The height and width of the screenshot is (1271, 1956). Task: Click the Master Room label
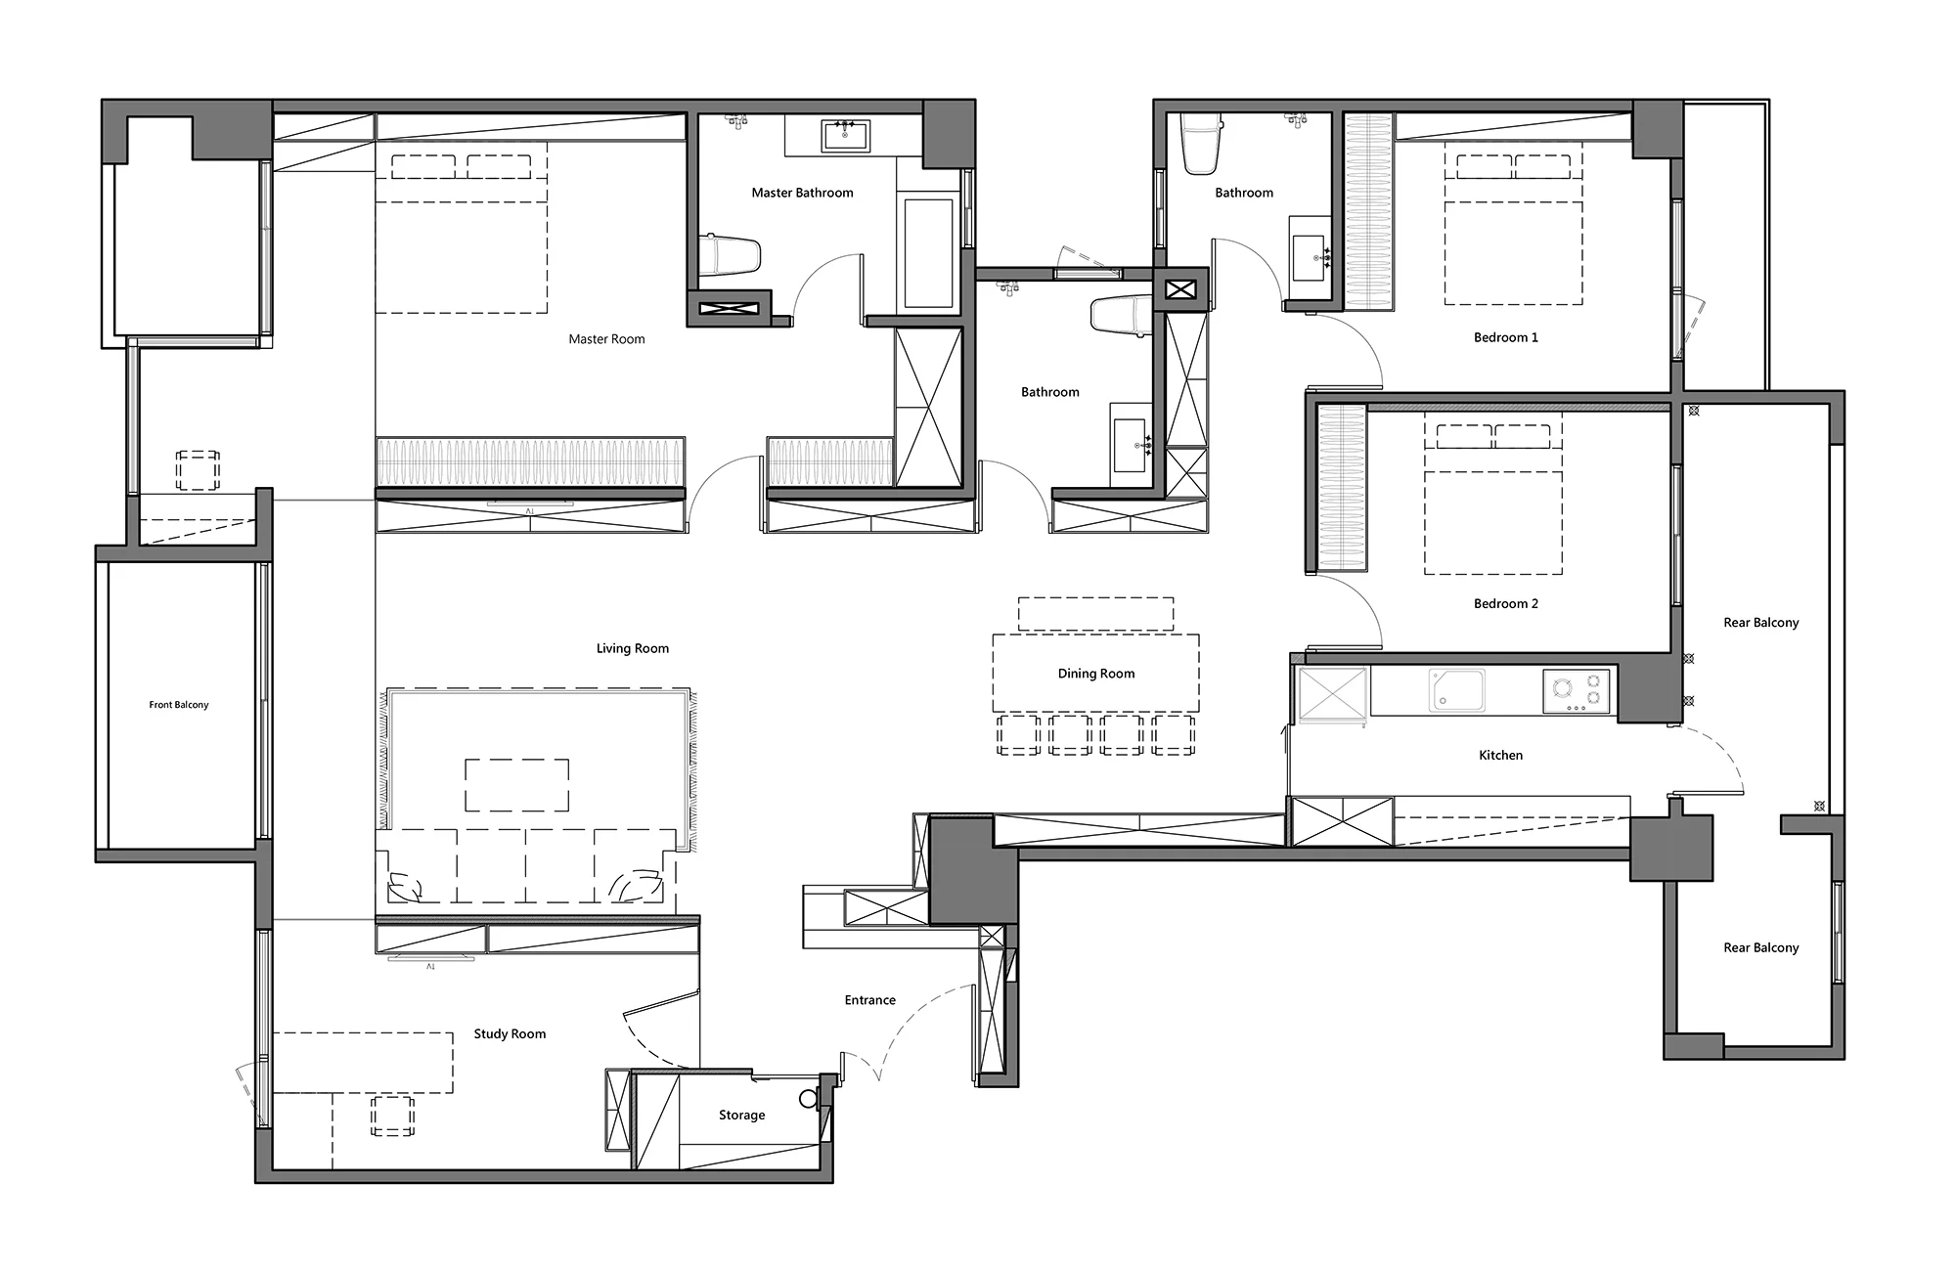coord(606,339)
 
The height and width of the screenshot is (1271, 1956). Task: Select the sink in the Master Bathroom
coord(845,136)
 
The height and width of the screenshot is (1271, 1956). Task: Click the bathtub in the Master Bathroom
coord(928,253)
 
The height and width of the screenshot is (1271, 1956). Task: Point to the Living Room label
coord(633,648)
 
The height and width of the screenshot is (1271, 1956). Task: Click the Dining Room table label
coord(1096,674)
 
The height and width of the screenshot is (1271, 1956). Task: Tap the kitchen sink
coord(1456,690)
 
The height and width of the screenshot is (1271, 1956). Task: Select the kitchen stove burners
coord(1577,691)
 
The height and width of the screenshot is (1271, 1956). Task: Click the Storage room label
coord(741,1115)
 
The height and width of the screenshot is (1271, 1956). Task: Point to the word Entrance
coord(870,1000)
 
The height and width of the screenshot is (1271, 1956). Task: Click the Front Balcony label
coord(179,705)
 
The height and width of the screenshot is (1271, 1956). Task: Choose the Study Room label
coord(510,1033)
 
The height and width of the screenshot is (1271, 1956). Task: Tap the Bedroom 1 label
coord(1506,337)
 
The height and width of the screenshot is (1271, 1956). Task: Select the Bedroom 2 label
coord(1506,603)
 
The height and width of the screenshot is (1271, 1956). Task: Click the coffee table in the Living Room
coord(517,785)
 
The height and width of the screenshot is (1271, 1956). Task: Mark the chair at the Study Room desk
coord(392,1116)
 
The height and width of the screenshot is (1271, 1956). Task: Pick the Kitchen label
coord(1500,755)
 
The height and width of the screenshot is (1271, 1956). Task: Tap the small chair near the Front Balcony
coord(198,470)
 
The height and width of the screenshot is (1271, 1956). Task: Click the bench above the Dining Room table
coord(1095,614)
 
